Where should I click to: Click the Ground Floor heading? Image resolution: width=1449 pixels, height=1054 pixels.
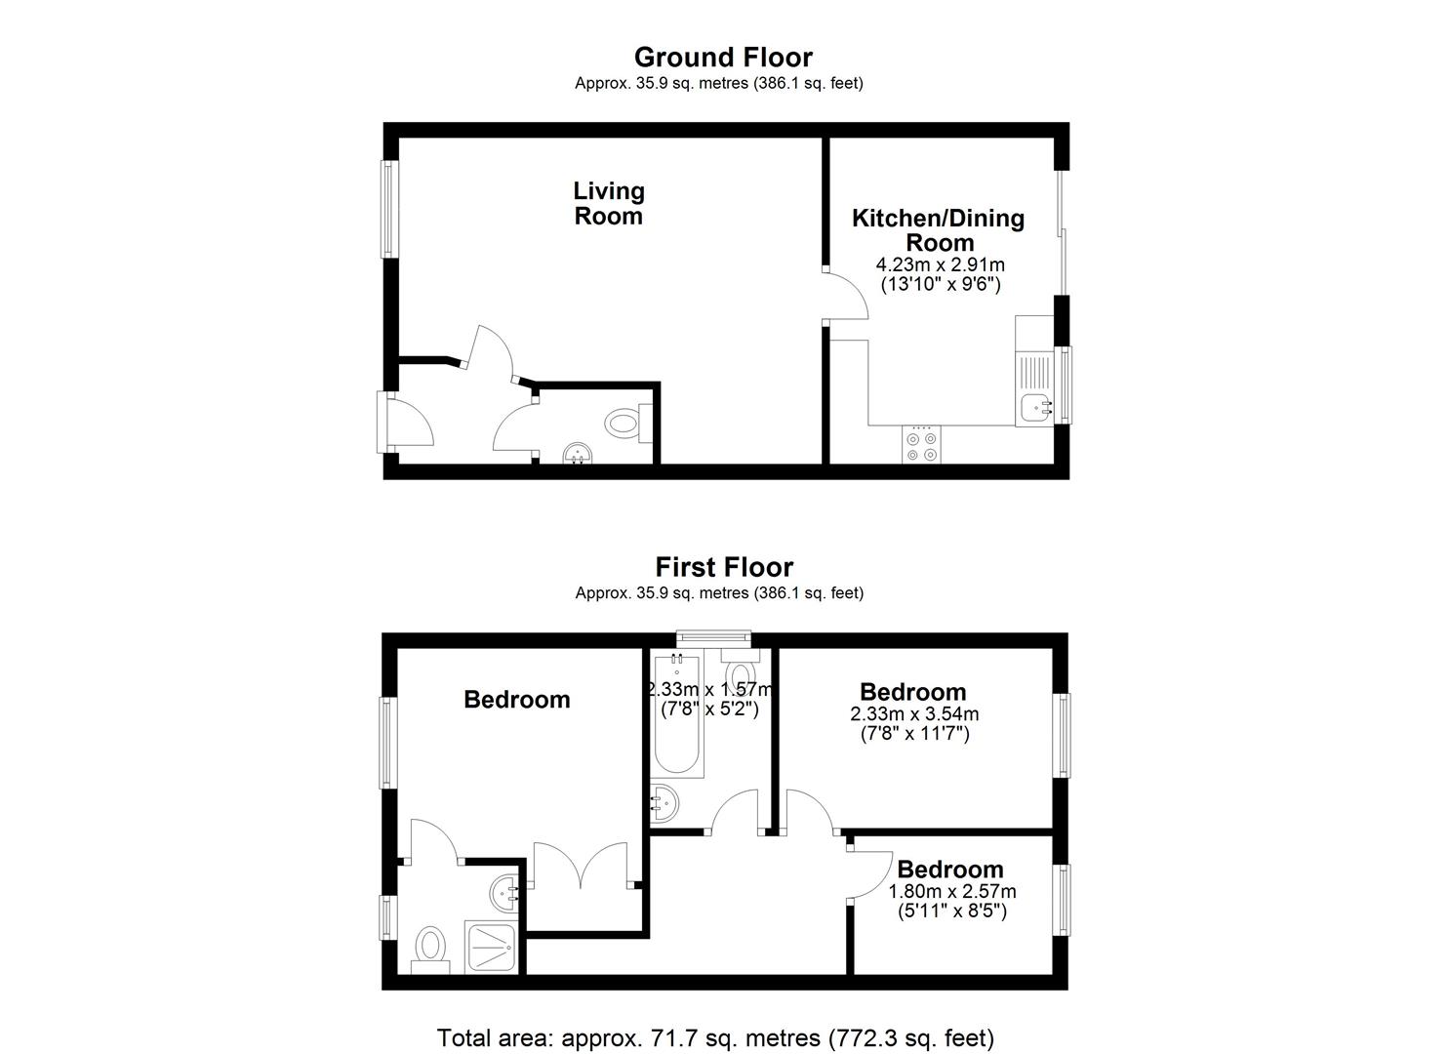coord(723,58)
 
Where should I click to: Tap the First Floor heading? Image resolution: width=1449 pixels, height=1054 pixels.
coord(724,567)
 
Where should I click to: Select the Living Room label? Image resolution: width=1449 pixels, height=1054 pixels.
coord(609,203)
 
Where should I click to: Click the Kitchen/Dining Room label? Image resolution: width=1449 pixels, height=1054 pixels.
coord(939,230)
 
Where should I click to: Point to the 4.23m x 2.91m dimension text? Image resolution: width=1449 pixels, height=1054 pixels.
coord(940,264)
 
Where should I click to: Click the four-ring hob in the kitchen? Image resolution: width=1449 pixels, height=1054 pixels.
coord(922,444)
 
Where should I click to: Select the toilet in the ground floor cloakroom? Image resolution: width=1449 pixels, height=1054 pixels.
coord(628,424)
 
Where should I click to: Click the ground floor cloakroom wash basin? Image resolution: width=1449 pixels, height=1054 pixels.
coord(578,454)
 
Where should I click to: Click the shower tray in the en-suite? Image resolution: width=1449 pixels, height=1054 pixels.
coord(492,948)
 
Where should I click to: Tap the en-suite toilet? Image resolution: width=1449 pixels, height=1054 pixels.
coord(431,951)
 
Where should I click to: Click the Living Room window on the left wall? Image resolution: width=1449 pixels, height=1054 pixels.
coord(388,209)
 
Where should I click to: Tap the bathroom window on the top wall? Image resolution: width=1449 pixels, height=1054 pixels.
coord(714,638)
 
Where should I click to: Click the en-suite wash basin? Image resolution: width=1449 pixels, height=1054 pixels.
coord(505,894)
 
